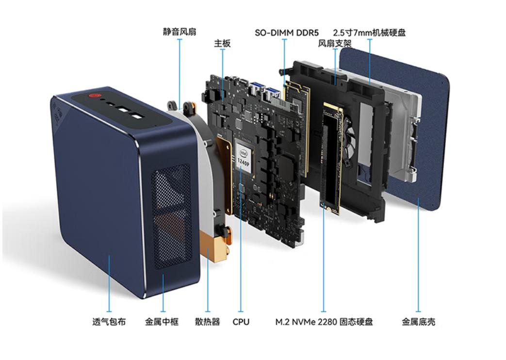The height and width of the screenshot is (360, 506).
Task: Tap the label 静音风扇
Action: click(180, 32)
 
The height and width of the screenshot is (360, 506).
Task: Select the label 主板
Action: click(222, 43)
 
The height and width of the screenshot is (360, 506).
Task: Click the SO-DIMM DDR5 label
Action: click(287, 33)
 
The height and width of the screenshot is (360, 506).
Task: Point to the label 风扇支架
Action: click(335, 43)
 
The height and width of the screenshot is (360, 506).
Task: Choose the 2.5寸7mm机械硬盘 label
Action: click(369, 33)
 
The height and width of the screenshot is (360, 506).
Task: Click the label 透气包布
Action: click(109, 322)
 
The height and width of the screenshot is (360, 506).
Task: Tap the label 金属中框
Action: click(162, 322)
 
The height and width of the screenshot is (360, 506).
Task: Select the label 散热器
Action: click(208, 322)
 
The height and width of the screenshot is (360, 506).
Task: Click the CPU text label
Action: click(241, 322)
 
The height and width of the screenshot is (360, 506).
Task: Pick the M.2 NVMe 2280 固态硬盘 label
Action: click(324, 322)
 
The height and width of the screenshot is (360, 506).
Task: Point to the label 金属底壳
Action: click(418, 322)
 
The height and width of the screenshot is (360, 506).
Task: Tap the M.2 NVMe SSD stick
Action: click(331, 158)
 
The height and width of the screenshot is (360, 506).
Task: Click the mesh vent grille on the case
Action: click(171, 216)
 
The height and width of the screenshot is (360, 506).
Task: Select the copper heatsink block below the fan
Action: click(213, 246)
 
